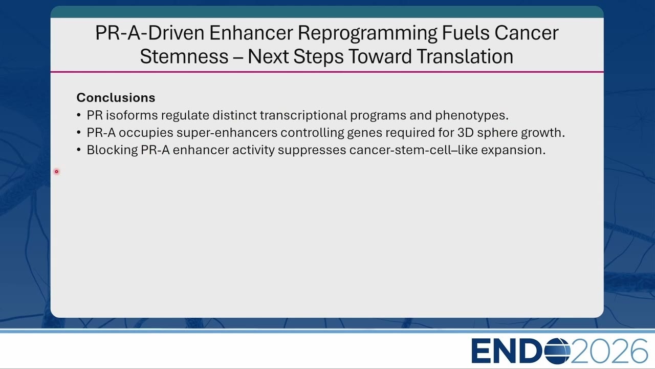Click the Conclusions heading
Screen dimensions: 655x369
[116, 97]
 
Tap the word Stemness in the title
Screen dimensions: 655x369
[184, 56]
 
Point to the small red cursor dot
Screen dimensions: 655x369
[56, 172]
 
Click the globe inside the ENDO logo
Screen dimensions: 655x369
[557, 351]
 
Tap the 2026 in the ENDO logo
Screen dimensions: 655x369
[609, 351]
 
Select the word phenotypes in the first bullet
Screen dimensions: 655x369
[472, 116]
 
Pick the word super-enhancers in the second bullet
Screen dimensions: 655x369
[227, 133]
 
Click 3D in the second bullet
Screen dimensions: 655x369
[466, 133]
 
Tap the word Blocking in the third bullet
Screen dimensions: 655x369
[112, 151]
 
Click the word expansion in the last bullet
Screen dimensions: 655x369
[513, 151]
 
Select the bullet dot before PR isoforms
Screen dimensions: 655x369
[79, 115]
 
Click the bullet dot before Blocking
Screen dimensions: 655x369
[79, 150]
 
